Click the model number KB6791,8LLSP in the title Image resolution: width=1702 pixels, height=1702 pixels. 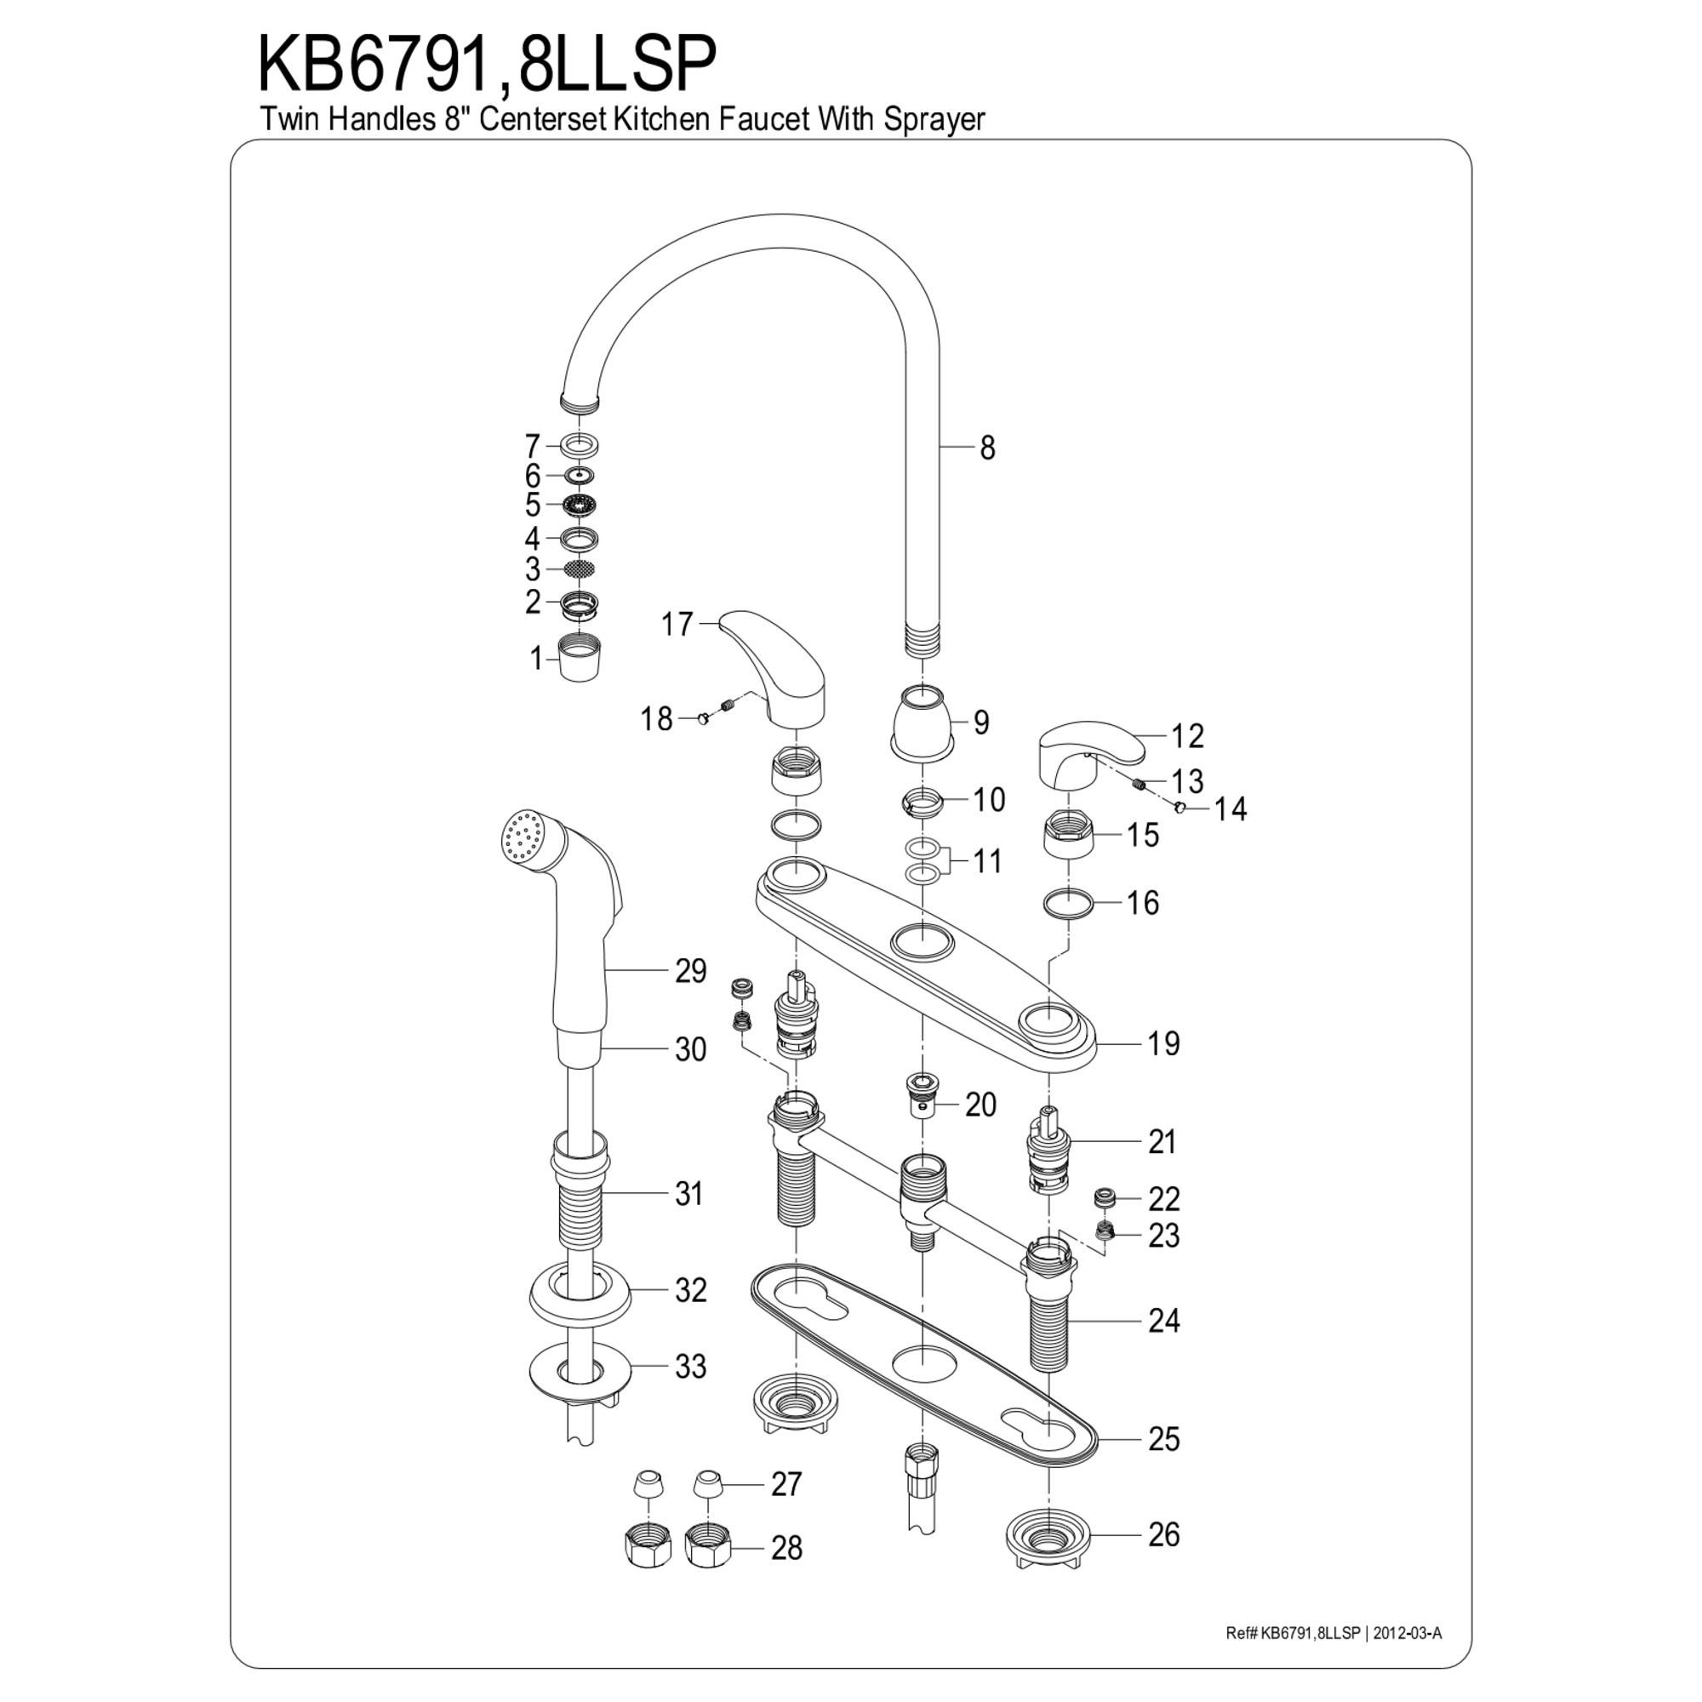click(487, 65)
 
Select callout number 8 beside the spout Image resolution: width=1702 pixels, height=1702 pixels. click(986, 448)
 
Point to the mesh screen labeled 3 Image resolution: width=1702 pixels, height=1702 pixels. click(578, 569)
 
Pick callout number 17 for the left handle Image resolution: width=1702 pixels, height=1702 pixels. click(677, 625)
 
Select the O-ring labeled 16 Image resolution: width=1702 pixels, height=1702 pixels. click(1068, 903)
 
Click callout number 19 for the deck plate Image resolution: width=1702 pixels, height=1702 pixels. click(1163, 1044)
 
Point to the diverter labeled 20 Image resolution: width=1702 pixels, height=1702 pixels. click(923, 1096)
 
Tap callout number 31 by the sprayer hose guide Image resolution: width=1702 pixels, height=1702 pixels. click(689, 1195)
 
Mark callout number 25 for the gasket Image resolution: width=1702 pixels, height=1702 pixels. click(1163, 1440)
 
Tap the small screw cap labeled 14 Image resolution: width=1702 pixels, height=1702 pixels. click(1179, 805)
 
